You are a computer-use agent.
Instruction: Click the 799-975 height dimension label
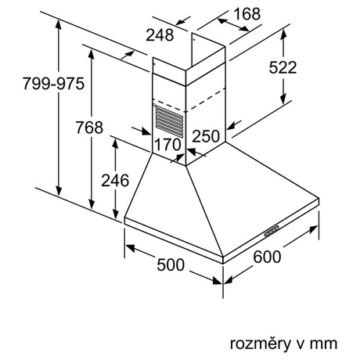(53, 84)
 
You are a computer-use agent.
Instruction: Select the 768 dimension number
(89, 128)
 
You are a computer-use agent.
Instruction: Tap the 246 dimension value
(115, 180)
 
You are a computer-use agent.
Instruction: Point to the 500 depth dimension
(171, 265)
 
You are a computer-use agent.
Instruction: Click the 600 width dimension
(267, 257)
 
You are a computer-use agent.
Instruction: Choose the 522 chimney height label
(283, 67)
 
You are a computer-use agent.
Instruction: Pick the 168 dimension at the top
(247, 14)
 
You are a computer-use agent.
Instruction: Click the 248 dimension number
(160, 35)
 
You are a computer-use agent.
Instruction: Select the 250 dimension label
(206, 136)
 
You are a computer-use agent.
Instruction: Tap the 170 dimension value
(167, 144)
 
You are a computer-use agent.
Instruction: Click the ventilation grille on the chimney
(169, 121)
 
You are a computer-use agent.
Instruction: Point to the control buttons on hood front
(272, 231)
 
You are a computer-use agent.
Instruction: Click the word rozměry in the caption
(261, 344)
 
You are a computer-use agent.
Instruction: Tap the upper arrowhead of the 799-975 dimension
(59, 24)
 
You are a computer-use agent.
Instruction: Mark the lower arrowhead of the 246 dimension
(115, 214)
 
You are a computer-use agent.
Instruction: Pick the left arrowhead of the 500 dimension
(130, 248)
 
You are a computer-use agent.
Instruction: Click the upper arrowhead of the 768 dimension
(91, 54)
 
